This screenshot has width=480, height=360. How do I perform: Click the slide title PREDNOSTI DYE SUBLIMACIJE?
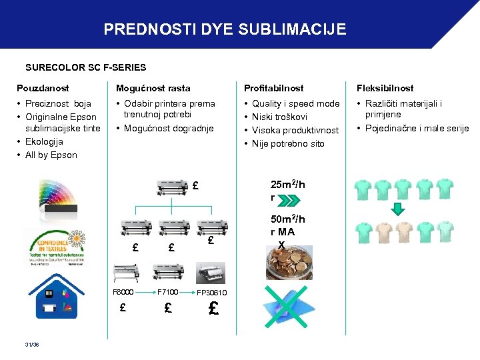[225, 29]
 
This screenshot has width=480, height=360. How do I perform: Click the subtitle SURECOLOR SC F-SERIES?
[85, 67]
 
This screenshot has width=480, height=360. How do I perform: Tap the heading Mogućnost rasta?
[153, 88]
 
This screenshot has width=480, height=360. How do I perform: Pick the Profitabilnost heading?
[273, 88]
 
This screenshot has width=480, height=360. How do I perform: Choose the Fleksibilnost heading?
[384, 88]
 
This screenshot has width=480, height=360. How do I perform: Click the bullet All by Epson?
[51, 155]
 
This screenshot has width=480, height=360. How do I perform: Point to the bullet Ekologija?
[44, 141]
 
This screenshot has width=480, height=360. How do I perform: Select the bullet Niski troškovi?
[279, 117]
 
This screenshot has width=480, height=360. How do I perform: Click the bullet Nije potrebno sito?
[288, 143]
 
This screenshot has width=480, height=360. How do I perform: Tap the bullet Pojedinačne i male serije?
[417, 128]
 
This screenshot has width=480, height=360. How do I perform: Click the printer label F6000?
[123, 292]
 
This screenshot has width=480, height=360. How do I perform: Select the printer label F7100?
[167, 292]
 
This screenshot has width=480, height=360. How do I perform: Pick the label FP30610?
[211, 293]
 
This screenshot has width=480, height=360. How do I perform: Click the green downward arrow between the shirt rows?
[397, 209]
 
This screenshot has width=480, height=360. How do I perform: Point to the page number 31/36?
[32, 344]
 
